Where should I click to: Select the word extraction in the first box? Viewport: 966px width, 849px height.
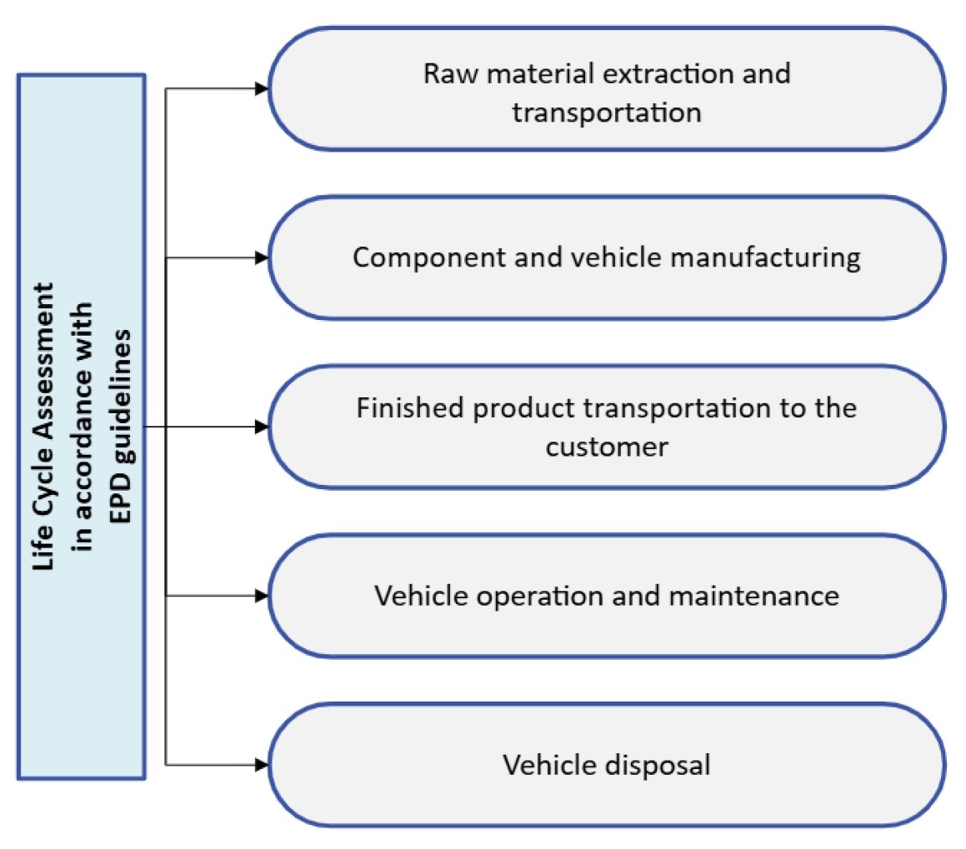pyautogui.click(x=649, y=73)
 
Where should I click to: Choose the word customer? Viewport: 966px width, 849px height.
pyautogui.click(x=607, y=447)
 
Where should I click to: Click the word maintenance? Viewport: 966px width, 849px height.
pyautogui.click(x=748, y=596)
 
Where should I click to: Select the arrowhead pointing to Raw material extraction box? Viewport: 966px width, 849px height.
pyautogui.click(x=262, y=89)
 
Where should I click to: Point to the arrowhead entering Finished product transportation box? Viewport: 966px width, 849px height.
pyautogui.click(x=262, y=427)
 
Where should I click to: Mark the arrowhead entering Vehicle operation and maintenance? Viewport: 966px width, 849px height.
pyautogui.click(x=262, y=596)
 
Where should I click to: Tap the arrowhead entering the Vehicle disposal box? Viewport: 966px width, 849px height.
pyautogui.click(x=262, y=764)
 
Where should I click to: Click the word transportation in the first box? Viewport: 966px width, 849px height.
pyautogui.click(x=607, y=112)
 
